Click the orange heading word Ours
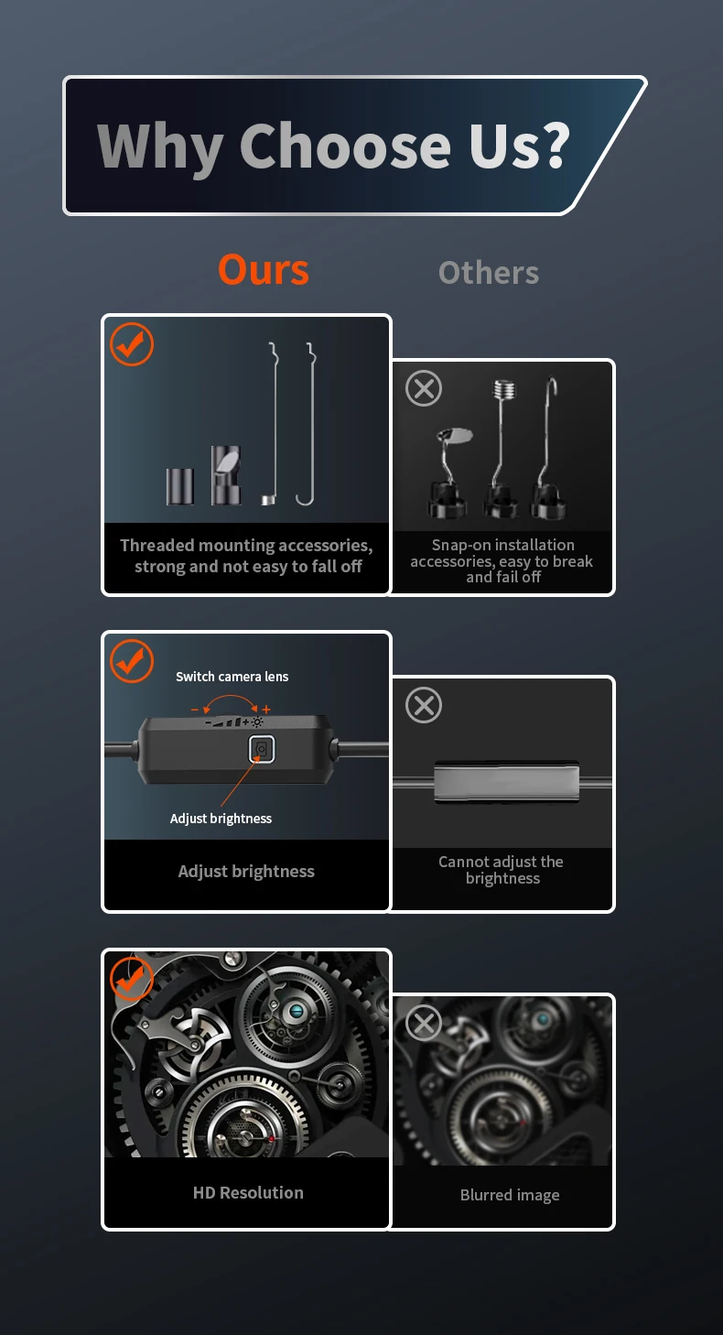264,269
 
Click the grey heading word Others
489,273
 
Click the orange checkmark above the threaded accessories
132,344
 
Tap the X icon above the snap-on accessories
424,388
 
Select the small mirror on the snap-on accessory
456,436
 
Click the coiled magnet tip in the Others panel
504,390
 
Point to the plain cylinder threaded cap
180,486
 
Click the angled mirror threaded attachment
226,475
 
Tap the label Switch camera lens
232,677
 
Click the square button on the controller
262,749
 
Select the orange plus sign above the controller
265,710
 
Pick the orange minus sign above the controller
195,710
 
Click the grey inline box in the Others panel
507,782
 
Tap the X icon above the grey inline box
424,705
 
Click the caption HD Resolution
248,1192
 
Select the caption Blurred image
510,1195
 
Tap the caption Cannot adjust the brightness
502,870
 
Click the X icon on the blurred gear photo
424,1024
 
